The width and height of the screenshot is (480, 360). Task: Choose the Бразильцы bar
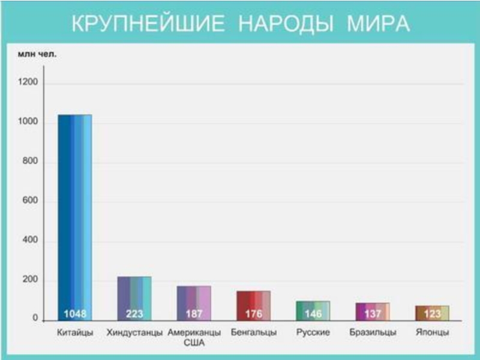pos(372,308)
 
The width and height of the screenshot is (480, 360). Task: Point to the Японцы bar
pos(431,310)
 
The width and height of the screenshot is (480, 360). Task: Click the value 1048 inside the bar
pos(75,314)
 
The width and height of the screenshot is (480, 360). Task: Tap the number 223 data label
pos(134,314)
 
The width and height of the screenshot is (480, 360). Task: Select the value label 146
pos(313,314)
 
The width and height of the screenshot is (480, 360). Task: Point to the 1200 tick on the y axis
pos(30,83)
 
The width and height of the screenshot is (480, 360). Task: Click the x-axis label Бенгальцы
pos(253,332)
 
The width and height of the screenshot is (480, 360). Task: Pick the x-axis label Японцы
pos(432,332)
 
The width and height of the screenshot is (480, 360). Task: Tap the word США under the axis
pos(194,343)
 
